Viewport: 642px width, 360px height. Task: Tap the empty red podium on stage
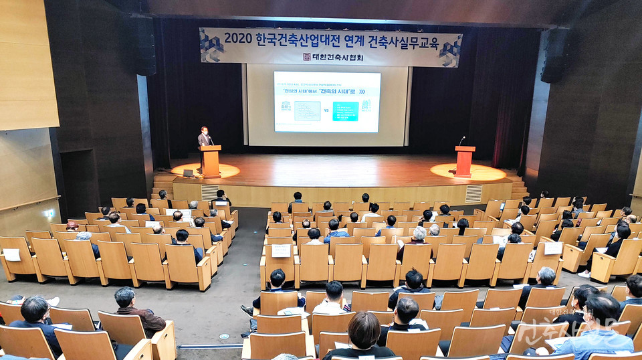(x=464, y=161)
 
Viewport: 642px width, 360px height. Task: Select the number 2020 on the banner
(x=238, y=38)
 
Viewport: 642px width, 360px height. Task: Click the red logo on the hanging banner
(x=307, y=57)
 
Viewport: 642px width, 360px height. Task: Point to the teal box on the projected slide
(x=345, y=111)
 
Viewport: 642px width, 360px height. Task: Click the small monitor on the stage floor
(x=188, y=173)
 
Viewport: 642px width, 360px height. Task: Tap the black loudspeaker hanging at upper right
(x=554, y=55)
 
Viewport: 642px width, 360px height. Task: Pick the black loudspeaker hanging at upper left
(x=142, y=45)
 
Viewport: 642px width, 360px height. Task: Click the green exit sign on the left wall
(x=49, y=213)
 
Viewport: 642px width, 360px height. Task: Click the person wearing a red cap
(x=72, y=227)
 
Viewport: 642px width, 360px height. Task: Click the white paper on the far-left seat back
(x=12, y=255)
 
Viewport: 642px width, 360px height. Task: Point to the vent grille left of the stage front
(x=209, y=192)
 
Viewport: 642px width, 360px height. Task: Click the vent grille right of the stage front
(x=473, y=194)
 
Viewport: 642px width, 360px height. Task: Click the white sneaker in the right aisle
(x=584, y=274)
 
